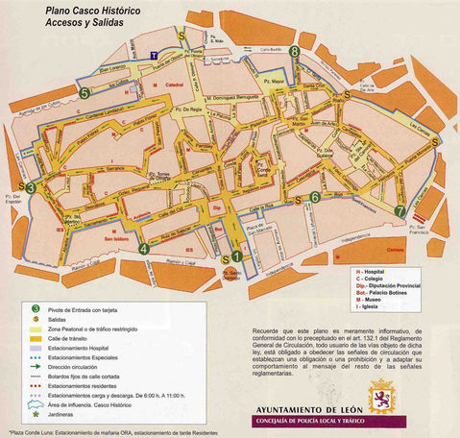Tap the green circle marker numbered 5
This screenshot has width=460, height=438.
(86, 93)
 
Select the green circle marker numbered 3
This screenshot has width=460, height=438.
(32, 188)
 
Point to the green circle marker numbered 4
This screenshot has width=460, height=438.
(144, 249)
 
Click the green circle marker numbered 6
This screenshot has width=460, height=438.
(315, 198)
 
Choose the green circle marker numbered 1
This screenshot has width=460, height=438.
(237, 256)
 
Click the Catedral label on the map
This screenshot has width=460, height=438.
(174, 85)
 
